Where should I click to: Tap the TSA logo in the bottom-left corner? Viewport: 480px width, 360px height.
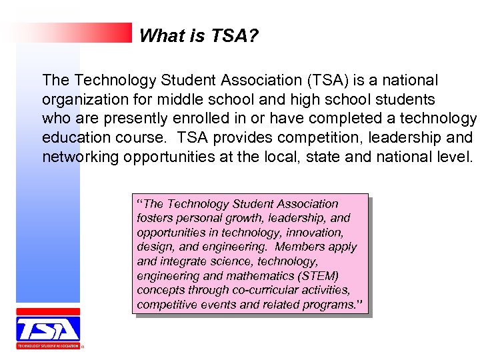point(48,329)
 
